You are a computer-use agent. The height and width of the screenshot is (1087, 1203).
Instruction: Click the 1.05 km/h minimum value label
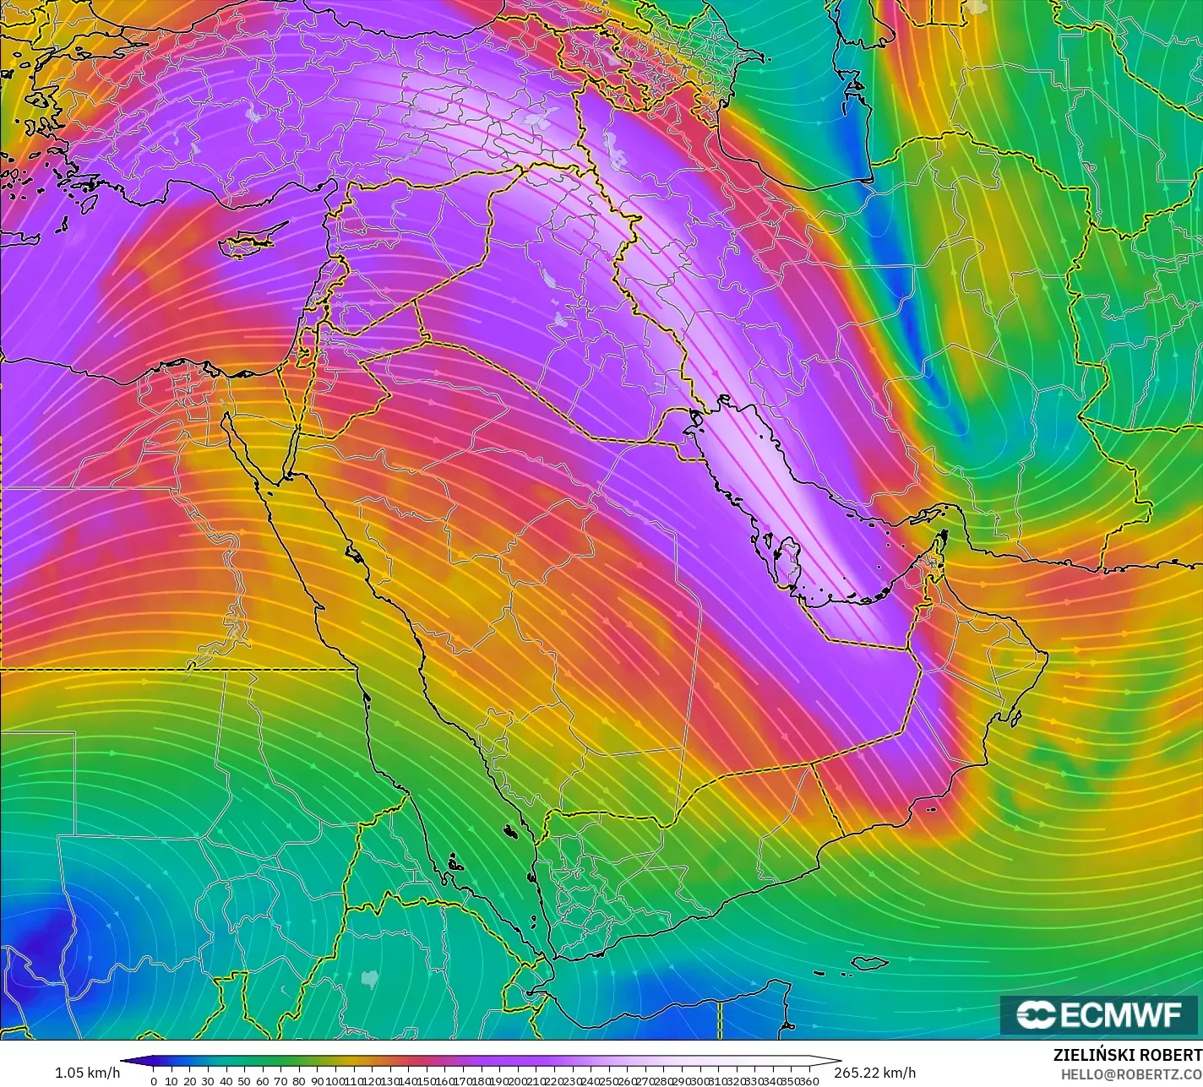pyautogui.click(x=87, y=1073)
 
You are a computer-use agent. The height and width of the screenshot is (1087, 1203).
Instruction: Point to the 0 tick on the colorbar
pyautogui.click(x=153, y=1081)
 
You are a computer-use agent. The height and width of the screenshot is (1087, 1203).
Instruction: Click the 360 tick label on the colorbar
pyautogui.click(x=808, y=1081)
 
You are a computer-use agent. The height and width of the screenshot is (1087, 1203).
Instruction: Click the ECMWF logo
pyautogui.click(x=1100, y=1015)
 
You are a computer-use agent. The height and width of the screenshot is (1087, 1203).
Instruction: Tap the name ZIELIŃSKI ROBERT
pyautogui.click(x=1127, y=1056)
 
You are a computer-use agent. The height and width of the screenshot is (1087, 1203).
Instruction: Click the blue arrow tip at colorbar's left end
pyautogui.click(x=126, y=1062)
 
